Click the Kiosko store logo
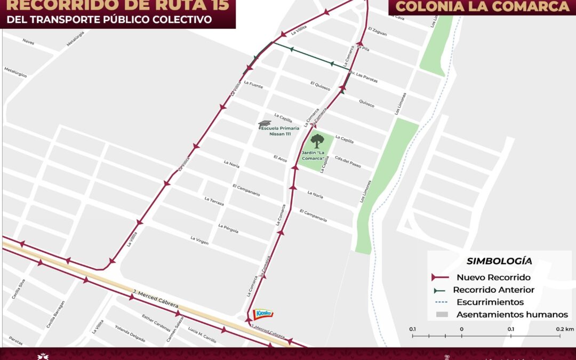pos(262,314)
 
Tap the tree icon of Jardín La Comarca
pos(317,141)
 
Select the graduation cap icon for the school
pos(265,124)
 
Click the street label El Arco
pos(281,158)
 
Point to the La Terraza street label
pos(214,201)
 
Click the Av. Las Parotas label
pos(363,76)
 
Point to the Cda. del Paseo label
pos(348,162)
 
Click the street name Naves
pos(28,41)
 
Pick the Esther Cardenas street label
pos(156,323)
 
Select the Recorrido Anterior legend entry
pos(493,290)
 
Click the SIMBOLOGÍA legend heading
pos(499,261)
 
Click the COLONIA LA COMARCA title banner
pos(483,7)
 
